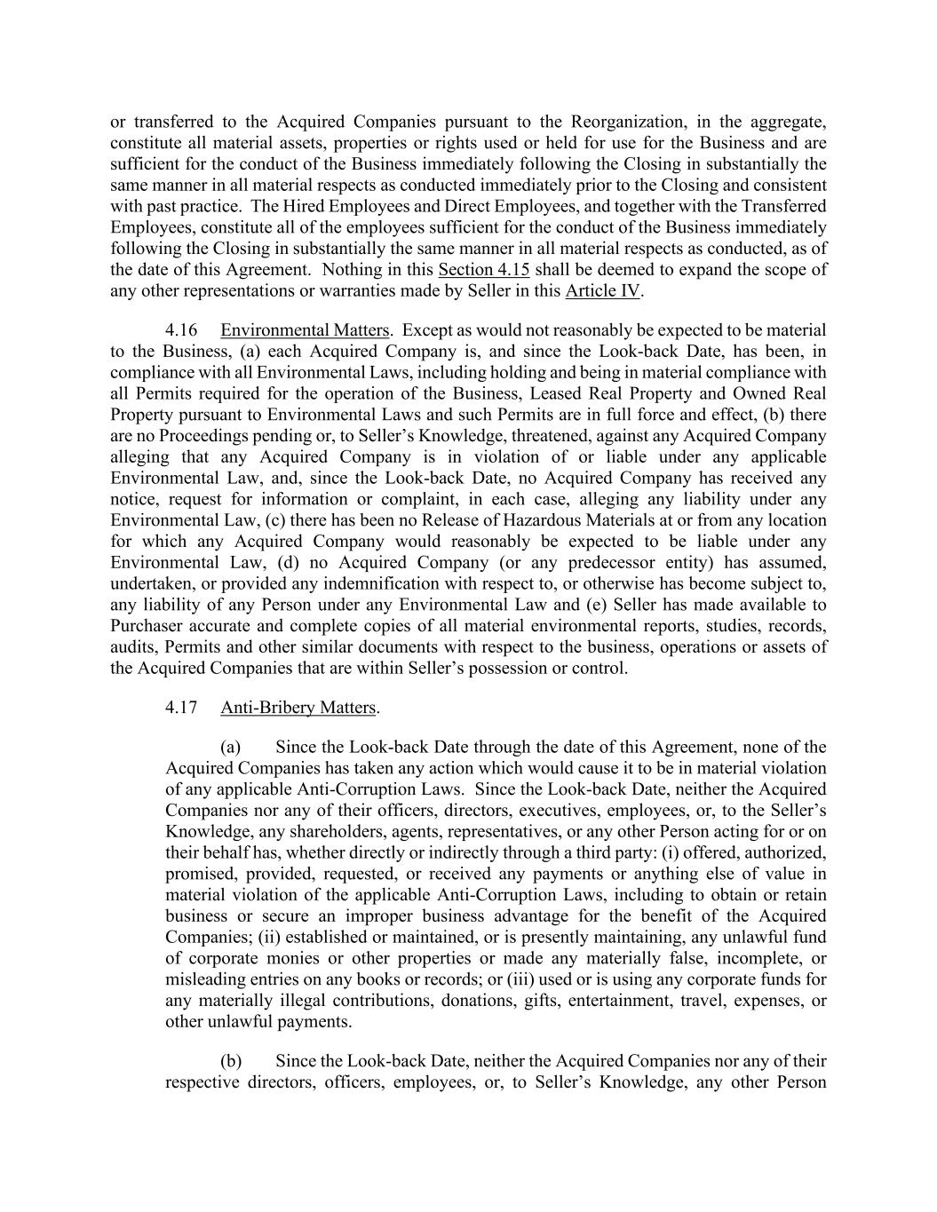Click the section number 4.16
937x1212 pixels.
click(181, 330)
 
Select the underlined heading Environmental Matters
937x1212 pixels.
click(305, 330)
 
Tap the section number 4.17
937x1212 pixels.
click(181, 708)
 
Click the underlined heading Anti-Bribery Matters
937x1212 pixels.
click(298, 708)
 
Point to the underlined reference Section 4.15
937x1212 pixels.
click(484, 269)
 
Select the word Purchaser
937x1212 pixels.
click(145, 626)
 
